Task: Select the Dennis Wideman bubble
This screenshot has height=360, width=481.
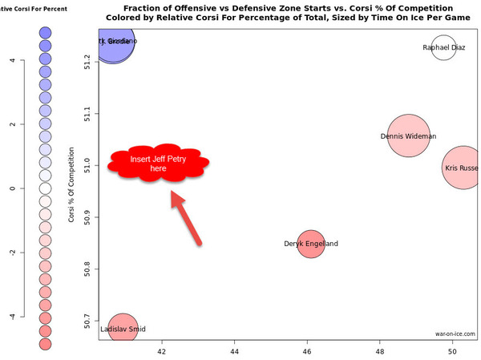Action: coord(409,137)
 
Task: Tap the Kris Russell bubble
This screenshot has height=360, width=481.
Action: coord(463,168)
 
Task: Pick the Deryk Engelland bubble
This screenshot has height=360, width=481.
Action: coord(311,244)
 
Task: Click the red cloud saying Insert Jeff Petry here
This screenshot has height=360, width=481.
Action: coord(159,164)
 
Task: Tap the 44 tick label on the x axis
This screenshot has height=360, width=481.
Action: coord(235,351)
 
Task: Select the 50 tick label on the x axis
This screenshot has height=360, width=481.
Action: coord(452,351)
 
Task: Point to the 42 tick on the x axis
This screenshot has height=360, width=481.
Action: coord(163,351)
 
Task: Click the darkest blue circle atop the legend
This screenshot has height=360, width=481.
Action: coord(46,33)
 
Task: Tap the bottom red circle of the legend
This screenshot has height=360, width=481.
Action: coord(46,343)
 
